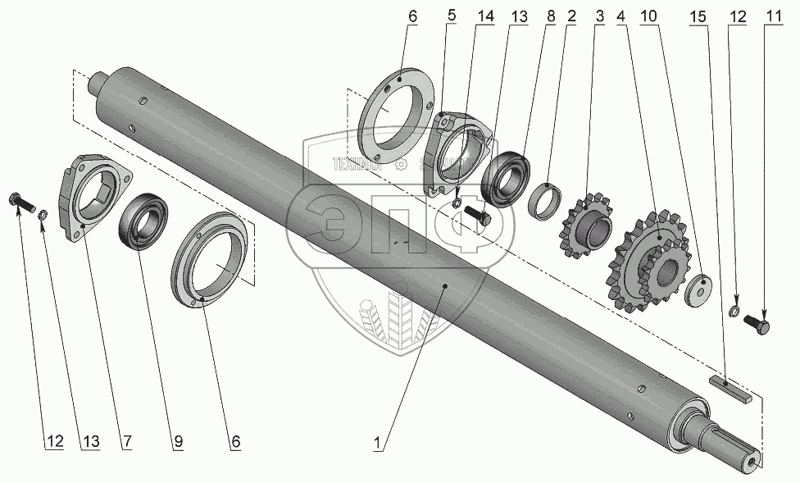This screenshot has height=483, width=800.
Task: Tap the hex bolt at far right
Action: click(758, 327)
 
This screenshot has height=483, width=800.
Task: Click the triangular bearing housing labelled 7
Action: click(93, 195)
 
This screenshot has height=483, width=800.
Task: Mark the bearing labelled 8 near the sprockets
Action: click(507, 175)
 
